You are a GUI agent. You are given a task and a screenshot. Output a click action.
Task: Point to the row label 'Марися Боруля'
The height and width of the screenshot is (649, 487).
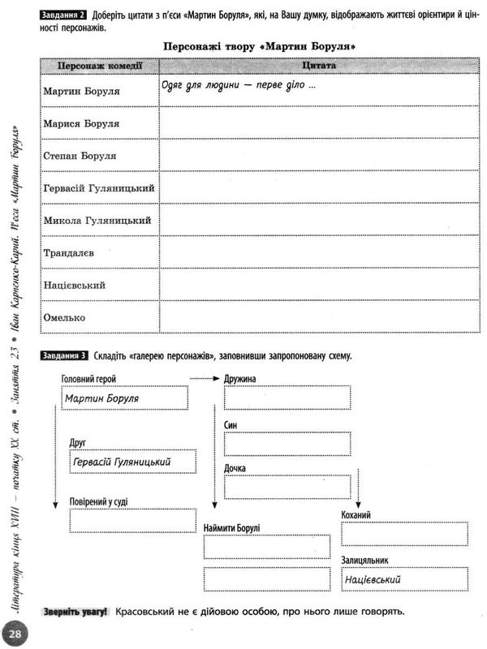pyautogui.click(x=80, y=123)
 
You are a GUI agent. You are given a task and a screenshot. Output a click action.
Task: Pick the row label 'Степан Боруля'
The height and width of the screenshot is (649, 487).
pyautogui.click(x=80, y=156)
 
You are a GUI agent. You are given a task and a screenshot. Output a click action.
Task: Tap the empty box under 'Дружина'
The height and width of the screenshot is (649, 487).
pyautogui.click(x=287, y=399)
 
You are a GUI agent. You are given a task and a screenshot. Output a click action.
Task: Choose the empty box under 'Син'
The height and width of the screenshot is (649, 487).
pyautogui.click(x=287, y=443)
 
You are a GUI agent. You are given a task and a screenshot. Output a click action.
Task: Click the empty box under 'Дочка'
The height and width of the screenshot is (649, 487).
pyautogui.click(x=287, y=487)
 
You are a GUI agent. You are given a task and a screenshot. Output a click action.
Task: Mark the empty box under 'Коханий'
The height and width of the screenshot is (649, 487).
pyautogui.click(x=404, y=534)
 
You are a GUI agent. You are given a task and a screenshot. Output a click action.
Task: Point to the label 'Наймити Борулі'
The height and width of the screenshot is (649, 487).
pyautogui.click(x=232, y=528)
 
